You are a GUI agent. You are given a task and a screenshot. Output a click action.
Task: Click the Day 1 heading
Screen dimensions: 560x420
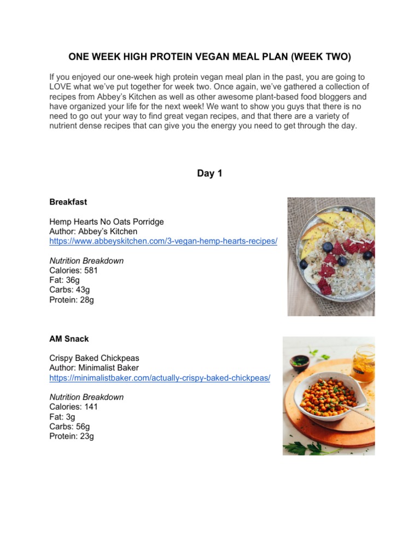tap(209, 173)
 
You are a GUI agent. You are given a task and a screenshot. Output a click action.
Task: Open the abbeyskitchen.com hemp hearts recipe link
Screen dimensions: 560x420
tap(163, 241)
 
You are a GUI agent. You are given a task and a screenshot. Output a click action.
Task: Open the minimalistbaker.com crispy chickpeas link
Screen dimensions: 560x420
tap(159, 378)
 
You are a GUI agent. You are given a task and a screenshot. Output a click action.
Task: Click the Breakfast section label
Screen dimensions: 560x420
tap(68, 202)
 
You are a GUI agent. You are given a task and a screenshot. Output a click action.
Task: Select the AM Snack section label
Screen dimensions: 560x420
tap(69, 339)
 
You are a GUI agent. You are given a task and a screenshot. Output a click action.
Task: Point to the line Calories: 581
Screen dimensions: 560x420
tap(73, 271)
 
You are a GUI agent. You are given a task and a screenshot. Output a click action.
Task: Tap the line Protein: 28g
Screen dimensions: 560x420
tap(71, 300)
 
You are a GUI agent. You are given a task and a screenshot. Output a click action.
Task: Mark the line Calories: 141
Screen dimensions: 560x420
tap(73, 407)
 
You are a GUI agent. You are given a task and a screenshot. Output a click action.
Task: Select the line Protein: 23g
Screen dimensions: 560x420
tap(71, 436)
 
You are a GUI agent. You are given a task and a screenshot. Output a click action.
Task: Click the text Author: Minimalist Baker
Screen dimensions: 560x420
tap(94, 368)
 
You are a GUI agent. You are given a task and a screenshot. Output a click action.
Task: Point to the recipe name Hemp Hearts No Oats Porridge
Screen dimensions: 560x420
tap(106, 221)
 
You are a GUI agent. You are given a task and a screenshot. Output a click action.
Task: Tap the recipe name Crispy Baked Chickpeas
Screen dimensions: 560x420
tap(94, 358)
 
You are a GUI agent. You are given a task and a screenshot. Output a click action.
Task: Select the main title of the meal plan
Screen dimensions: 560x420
tap(209, 57)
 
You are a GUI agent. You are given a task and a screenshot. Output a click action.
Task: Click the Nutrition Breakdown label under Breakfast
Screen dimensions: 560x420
tap(86, 261)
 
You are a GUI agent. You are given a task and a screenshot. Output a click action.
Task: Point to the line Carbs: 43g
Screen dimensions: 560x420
tap(70, 290)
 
